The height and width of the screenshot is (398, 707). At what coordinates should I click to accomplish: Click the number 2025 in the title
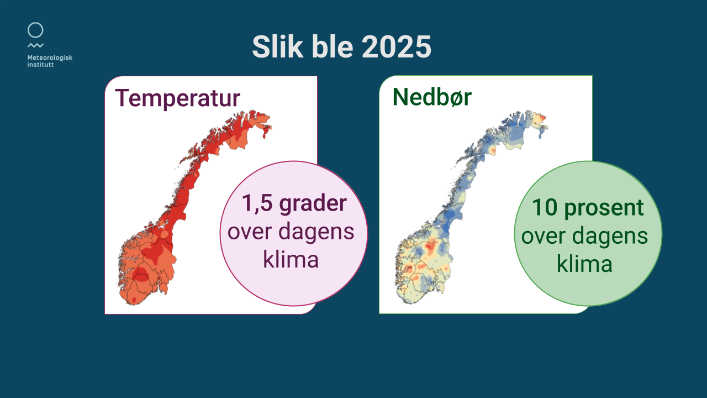click(x=397, y=47)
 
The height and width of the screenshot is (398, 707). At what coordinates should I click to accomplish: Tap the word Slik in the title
click(x=278, y=46)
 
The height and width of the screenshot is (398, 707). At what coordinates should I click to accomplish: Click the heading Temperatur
click(x=178, y=98)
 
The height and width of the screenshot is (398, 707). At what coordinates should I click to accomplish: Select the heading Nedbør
click(x=432, y=97)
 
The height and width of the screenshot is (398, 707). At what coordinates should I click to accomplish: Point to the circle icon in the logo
click(x=35, y=30)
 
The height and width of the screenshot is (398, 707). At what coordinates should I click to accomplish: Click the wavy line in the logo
click(x=35, y=45)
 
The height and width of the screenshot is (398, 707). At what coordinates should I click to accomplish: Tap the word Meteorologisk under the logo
click(x=50, y=58)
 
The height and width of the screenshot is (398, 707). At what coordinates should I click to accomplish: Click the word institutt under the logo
click(x=40, y=65)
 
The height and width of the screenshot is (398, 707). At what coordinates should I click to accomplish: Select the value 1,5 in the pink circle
click(x=257, y=203)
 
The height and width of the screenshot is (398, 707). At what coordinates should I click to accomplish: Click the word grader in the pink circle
click(x=313, y=205)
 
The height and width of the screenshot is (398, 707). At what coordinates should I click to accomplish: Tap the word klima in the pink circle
click(x=291, y=259)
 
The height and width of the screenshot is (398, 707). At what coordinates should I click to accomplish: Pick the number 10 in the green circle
click(x=545, y=207)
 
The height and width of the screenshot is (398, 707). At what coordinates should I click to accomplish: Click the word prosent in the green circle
click(x=604, y=209)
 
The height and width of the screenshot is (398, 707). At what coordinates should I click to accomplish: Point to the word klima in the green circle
click(x=584, y=264)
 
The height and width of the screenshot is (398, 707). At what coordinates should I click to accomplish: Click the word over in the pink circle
click(x=249, y=233)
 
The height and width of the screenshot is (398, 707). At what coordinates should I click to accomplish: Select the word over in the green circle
click(x=543, y=237)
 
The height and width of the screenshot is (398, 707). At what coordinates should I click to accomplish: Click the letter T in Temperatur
click(x=122, y=98)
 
